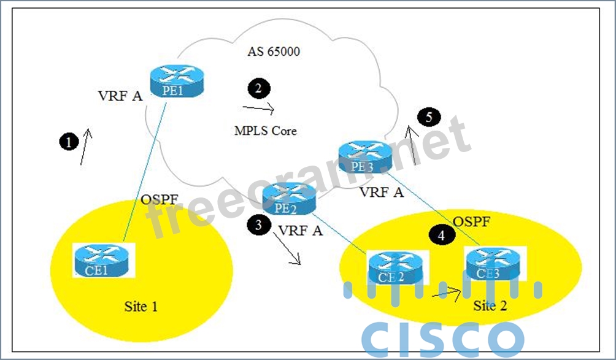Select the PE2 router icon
coord(288,199)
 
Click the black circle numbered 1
coord(69,142)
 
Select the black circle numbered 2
coord(258,88)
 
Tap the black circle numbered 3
coord(258,225)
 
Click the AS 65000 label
coord(274,52)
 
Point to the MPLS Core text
coord(265,131)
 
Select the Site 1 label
coord(141,306)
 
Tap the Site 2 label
coord(490,306)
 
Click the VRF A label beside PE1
coord(120,96)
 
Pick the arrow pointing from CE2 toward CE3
coord(447,293)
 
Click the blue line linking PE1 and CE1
coord(144,172)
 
